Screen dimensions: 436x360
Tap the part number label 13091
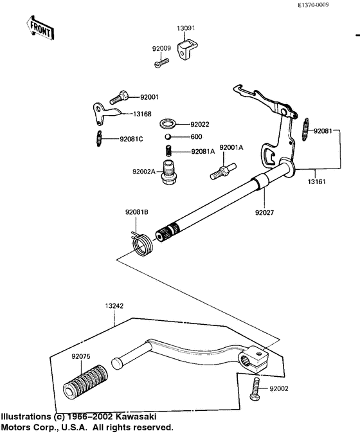coord(186,28)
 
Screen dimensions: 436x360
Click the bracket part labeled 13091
coord(188,50)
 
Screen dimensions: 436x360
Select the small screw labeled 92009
coord(161,62)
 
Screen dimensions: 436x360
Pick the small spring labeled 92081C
coord(99,138)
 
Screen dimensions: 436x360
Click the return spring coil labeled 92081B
coord(142,243)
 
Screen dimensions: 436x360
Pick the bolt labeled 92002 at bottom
coord(255,389)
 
